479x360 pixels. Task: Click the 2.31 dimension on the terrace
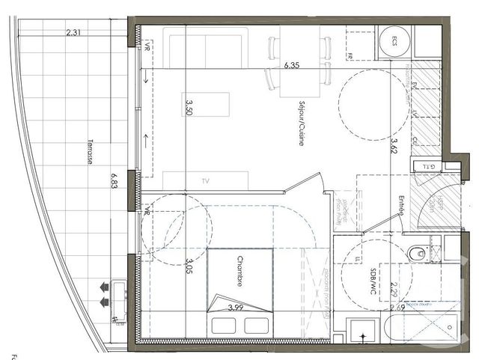coord(73,32)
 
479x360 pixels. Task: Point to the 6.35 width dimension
coord(291,66)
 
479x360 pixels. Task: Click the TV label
coord(206,181)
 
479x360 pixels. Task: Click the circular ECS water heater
coord(393,43)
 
